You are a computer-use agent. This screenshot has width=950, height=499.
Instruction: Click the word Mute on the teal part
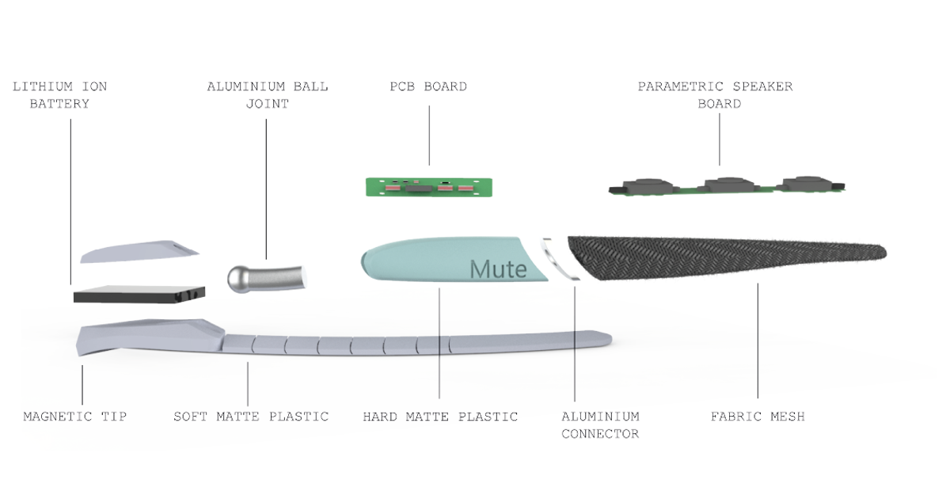pyautogui.click(x=498, y=269)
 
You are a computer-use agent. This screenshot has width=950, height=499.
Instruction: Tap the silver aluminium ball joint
pyautogui.click(x=267, y=276)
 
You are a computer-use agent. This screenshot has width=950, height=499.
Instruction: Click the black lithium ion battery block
pyautogui.click(x=139, y=295)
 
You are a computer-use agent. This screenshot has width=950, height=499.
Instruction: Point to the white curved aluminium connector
pyautogui.click(x=560, y=257)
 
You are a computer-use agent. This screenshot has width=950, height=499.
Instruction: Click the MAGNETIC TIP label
pyautogui.click(x=75, y=417)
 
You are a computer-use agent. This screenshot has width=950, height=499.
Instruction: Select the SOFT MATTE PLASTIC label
pyautogui.click(x=251, y=417)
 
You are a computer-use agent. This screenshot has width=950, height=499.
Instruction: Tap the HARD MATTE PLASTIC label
pyautogui.click(x=440, y=417)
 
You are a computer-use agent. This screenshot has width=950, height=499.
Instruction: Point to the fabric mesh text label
pyautogui.click(x=757, y=417)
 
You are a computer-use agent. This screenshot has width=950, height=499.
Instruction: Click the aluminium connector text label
pyautogui.click(x=600, y=425)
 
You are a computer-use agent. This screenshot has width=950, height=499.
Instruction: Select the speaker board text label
pyautogui.click(x=716, y=94)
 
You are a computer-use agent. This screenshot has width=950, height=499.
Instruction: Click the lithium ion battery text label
pyautogui.click(x=60, y=94)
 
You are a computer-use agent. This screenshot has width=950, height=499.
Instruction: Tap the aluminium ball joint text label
pyautogui.click(x=268, y=94)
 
